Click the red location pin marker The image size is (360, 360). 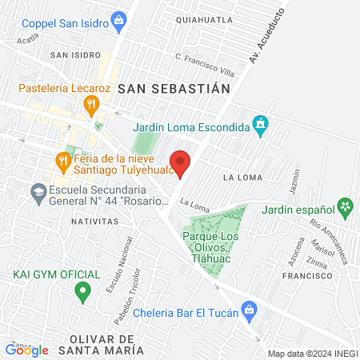coord(181,162)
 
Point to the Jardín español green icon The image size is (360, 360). coord(346,206)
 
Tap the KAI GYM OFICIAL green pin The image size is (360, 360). coord(81,292)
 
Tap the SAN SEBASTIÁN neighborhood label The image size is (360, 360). coord(174,89)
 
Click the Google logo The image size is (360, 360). coord(26,350)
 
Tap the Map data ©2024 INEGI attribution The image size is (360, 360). coord(312,353)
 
